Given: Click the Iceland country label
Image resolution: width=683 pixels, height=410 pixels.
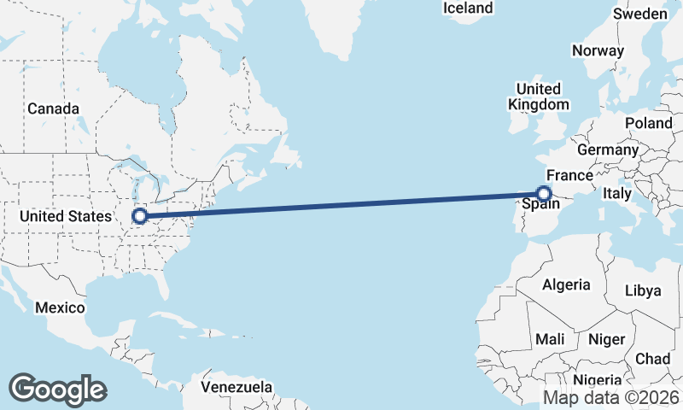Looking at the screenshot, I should tap(468, 8).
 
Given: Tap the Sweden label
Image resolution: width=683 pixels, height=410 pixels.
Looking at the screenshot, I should tap(640, 14).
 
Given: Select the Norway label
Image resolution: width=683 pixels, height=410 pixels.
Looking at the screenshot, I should tap(598, 50).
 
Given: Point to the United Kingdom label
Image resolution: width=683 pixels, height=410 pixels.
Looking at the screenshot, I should tap(538, 97).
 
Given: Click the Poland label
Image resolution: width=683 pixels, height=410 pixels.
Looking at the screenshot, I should tap(649, 123).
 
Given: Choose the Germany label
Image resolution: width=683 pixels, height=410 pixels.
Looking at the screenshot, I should tap(608, 149).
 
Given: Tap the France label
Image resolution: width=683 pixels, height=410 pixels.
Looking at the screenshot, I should tap(569, 175).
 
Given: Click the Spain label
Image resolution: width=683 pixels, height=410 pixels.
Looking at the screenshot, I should tap(540, 204).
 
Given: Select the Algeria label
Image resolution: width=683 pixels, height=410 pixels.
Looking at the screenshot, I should tap(567, 284).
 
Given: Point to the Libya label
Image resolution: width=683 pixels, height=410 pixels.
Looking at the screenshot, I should tap(643, 290).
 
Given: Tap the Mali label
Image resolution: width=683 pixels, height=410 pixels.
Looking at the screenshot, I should tap(550, 339).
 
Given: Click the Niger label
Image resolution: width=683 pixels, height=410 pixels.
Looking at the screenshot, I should tap(607, 339).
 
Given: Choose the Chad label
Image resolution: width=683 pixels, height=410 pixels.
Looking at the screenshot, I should tap(652, 359).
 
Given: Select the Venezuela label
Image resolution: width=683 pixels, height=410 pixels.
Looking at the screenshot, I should tap(236, 387).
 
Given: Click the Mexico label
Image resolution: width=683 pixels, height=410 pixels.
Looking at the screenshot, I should tap(60, 307).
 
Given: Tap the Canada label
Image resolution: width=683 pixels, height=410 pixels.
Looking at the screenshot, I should tap(53, 109).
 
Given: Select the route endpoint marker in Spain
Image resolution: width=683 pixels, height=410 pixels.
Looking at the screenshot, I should tap(543, 193).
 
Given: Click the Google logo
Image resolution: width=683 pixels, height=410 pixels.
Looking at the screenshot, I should tap(57, 389).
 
